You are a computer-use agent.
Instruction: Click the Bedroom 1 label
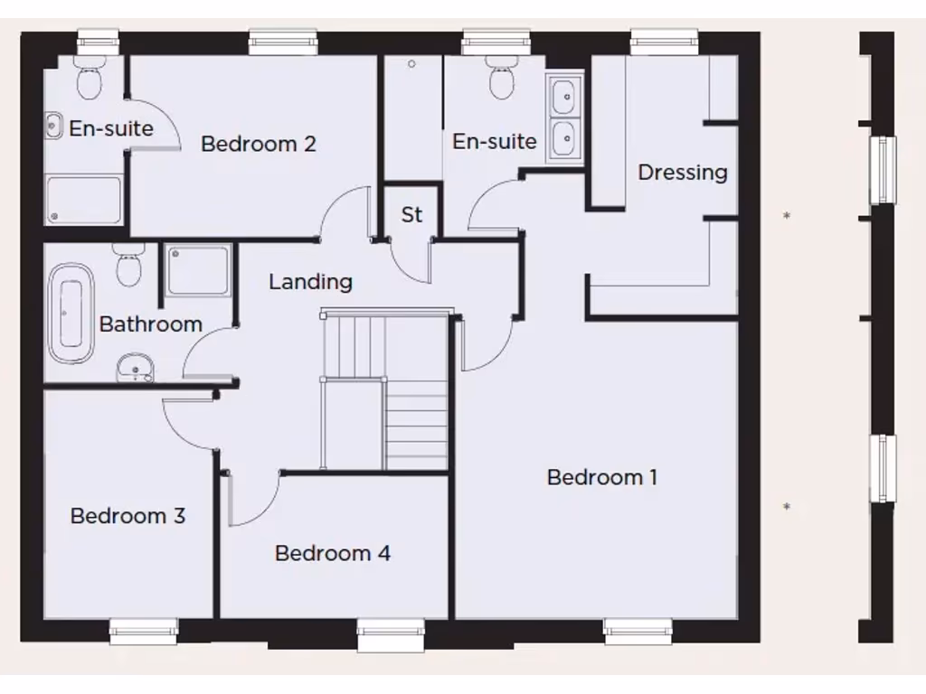[601, 477]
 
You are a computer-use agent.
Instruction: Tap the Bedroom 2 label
[258, 144]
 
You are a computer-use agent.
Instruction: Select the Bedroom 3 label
[128, 516]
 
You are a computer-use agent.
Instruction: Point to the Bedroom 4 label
[332, 553]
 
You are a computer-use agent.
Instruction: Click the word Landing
[310, 282]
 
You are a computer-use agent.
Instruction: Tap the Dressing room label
[682, 172]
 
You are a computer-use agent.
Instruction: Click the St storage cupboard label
[411, 215]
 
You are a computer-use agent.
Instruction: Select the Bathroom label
[150, 324]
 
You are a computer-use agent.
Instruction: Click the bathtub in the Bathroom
[71, 313]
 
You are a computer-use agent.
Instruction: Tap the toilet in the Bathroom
[128, 265]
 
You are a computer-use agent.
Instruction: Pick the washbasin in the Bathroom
[135, 367]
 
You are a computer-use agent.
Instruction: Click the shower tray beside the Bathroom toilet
[197, 269]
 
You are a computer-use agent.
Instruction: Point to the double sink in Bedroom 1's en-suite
[564, 117]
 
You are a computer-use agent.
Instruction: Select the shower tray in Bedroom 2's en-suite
[83, 200]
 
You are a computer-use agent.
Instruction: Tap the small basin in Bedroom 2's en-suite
[53, 127]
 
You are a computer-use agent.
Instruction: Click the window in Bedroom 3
[144, 630]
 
